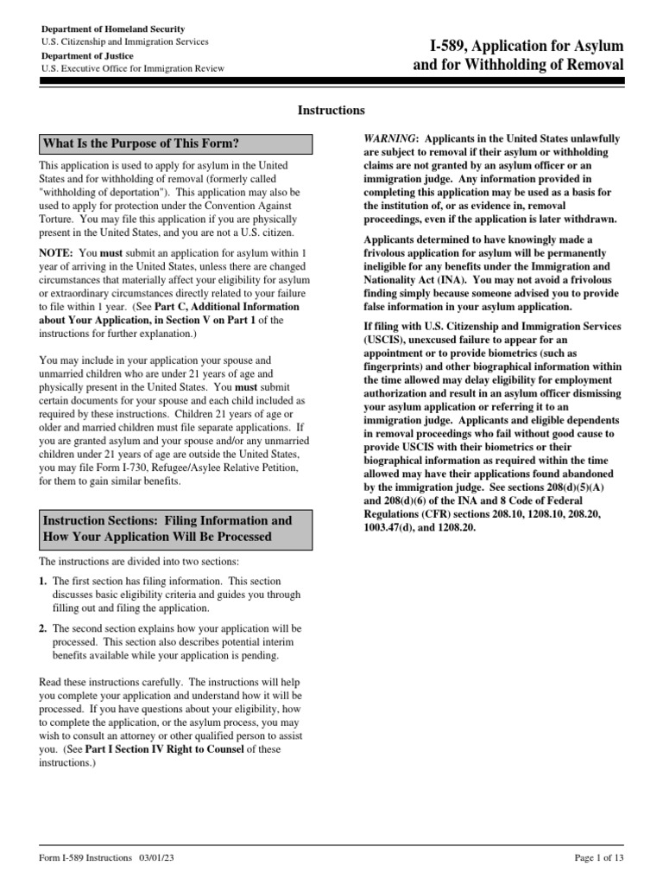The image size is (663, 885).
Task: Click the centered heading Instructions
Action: point(331,111)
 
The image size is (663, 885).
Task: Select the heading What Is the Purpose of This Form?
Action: point(141,143)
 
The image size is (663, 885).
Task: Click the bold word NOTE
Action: point(56,253)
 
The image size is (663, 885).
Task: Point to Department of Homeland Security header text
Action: point(113,29)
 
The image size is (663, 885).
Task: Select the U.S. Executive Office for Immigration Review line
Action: point(132,68)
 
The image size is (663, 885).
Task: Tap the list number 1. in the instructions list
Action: point(43,582)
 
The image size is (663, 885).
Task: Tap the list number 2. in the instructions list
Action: point(43,627)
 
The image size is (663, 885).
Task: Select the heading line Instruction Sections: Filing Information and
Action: point(167,520)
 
